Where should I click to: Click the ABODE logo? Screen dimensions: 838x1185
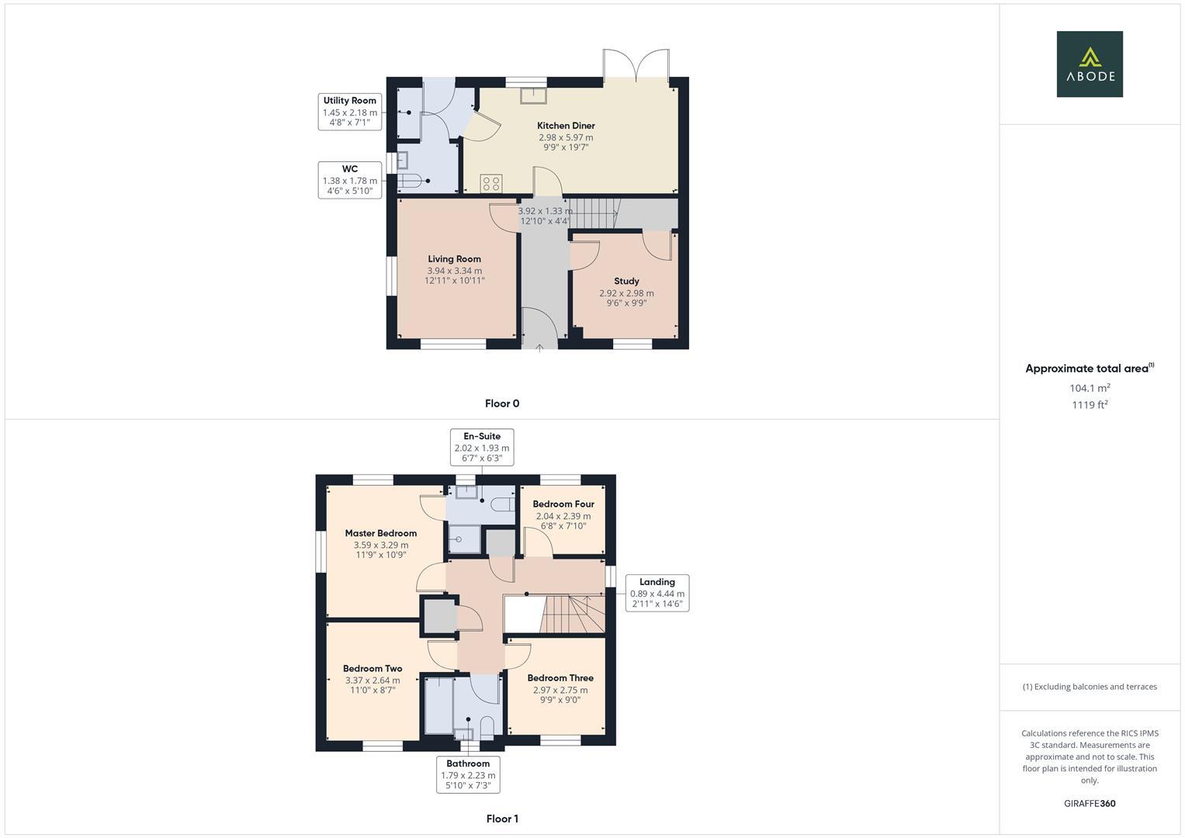tap(1089, 64)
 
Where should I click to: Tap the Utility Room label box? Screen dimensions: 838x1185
tap(349, 111)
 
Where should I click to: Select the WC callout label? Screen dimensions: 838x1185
tap(349, 180)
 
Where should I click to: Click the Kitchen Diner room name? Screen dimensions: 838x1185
tap(566, 126)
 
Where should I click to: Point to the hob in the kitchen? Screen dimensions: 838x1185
tap(490, 183)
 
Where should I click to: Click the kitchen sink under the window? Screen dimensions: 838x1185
tap(532, 95)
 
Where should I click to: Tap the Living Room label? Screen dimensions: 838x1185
tap(454, 259)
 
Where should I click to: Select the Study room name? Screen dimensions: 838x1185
tap(626, 282)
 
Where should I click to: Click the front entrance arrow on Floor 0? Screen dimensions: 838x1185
tap(539, 348)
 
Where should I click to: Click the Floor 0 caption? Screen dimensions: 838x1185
tap(501, 403)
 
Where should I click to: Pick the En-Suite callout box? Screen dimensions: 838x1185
tap(482, 447)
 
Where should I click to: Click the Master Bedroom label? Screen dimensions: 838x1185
tap(380, 534)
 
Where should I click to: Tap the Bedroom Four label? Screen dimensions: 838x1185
tap(563, 504)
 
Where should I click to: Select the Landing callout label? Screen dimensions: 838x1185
tap(657, 593)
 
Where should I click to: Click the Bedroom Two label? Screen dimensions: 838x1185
tap(372, 669)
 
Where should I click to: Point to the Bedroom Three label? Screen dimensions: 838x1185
tap(560, 678)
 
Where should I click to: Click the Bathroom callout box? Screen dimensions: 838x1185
tap(468, 774)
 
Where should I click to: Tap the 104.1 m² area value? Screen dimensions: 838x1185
tap(1089, 388)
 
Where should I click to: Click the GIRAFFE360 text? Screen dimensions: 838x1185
tap(1089, 804)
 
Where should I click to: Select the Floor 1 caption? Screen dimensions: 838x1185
tap(501, 819)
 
